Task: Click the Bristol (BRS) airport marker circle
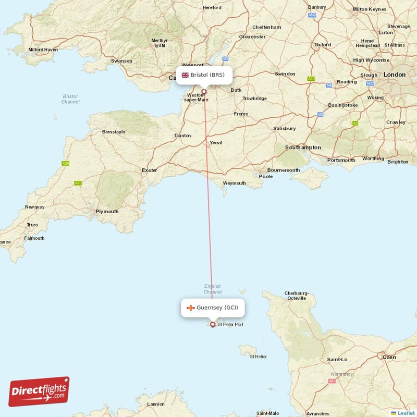(x=204, y=92)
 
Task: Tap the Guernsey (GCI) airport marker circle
(x=213, y=324)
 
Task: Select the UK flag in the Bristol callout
(x=185, y=75)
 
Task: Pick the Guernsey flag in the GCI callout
(x=191, y=308)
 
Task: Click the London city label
(x=394, y=75)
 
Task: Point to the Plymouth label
(x=107, y=212)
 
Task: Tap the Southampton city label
(x=303, y=148)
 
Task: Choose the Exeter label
(x=149, y=170)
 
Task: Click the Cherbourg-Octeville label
(x=297, y=296)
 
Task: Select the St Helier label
(x=259, y=357)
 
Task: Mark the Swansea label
(x=121, y=61)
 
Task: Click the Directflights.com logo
(x=39, y=391)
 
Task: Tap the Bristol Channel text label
(x=70, y=99)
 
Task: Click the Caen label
(x=389, y=357)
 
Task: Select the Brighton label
(x=398, y=162)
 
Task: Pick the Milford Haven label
(x=43, y=50)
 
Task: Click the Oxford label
(x=323, y=44)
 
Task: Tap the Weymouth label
(x=235, y=183)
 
